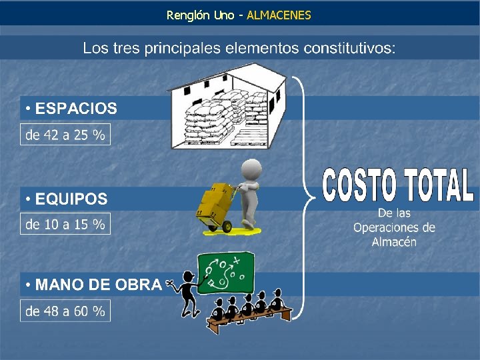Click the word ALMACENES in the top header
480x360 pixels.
(x=279, y=15)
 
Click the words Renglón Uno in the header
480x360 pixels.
(x=200, y=15)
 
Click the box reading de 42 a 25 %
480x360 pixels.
(x=65, y=135)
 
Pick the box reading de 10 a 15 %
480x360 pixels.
(x=65, y=225)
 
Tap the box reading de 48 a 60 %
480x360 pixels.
(x=65, y=311)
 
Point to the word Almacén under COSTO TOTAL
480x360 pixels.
(x=394, y=241)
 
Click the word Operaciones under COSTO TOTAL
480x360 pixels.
(x=394, y=227)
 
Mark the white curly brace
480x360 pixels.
(x=305, y=193)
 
